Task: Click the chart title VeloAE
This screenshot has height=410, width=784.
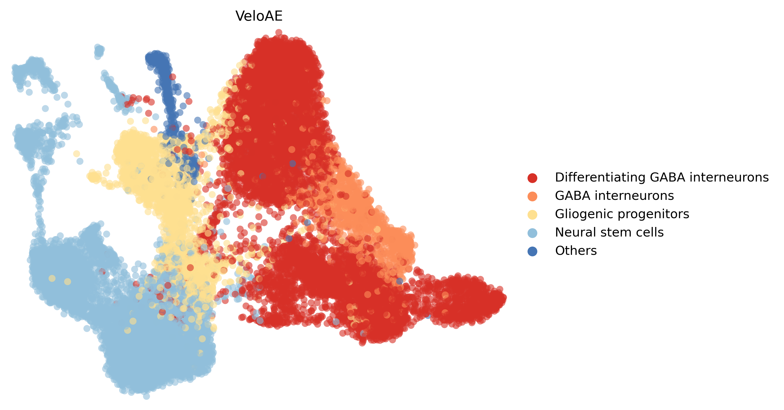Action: (x=259, y=16)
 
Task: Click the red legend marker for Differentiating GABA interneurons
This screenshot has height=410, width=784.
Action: (x=532, y=178)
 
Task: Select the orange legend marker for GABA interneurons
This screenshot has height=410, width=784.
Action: (x=532, y=196)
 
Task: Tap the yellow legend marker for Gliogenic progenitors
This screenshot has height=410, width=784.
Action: (x=532, y=214)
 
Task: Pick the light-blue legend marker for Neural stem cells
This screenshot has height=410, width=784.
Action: (x=532, y=233)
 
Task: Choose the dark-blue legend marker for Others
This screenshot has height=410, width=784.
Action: (x=532, y=251)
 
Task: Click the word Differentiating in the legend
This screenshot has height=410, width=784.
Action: (x=600, y=177)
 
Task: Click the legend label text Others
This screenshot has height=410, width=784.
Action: (x=576, y=251)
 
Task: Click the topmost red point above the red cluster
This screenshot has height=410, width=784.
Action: (x=279, y=32)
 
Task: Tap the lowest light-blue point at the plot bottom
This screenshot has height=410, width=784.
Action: (x=146, y=396)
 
